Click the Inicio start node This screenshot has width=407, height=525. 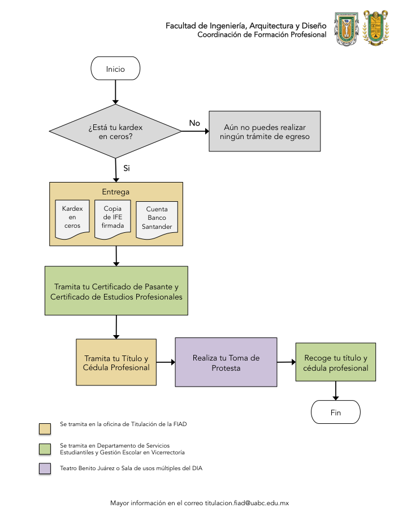(x=115, y=68)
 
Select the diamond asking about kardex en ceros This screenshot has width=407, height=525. (x=115, y=131)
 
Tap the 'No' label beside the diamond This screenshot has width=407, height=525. (x=194, y=123)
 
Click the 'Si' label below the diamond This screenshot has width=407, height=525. (x=126, y=168)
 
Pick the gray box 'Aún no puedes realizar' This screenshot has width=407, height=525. (x=265, y=131)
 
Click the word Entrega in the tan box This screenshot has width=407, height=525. (x=115, y=192)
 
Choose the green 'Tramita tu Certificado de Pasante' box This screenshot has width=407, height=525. (x=116, y=290)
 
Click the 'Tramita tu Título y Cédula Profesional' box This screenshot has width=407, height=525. (x=116, y=362)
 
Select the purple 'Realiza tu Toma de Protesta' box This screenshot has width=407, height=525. (x=226, y=362)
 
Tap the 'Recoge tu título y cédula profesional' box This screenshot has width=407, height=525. (x=336, y=362)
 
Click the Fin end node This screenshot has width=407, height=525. (x=336, y=412)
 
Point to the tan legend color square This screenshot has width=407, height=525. (x=45, y=428)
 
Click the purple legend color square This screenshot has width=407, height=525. (x=45, y=468)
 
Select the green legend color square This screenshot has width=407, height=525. (x=45, y=449)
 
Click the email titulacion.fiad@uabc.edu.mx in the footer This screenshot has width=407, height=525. (x=247, y=503)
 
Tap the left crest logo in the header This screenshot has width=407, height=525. (x=347, y=29)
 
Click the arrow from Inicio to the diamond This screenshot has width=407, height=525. (x=115, y=92)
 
